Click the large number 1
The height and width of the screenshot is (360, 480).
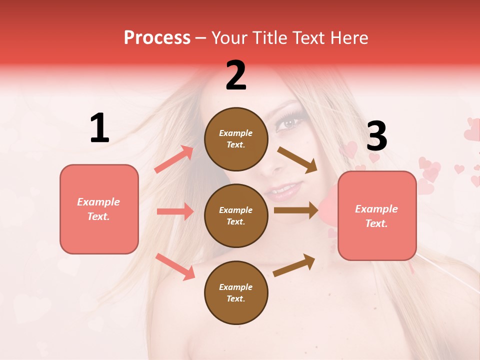click(99, 128)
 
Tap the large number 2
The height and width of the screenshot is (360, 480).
click(236, 75)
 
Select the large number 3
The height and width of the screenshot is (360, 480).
click(376, 136)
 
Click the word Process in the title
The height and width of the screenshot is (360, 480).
click(157, 37)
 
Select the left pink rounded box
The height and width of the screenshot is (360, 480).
click(99, 209)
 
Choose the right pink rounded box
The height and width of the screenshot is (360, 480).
click(377, 216)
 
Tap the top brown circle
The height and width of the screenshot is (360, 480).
click(236, 139)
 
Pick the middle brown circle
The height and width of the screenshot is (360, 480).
click(236, 215)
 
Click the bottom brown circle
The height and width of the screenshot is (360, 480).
click(236, 292)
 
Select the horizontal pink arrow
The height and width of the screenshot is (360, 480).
click(175, 211)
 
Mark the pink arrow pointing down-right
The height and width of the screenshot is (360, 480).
click(175, 266)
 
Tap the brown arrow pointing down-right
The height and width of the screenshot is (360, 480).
click(297, 159)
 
